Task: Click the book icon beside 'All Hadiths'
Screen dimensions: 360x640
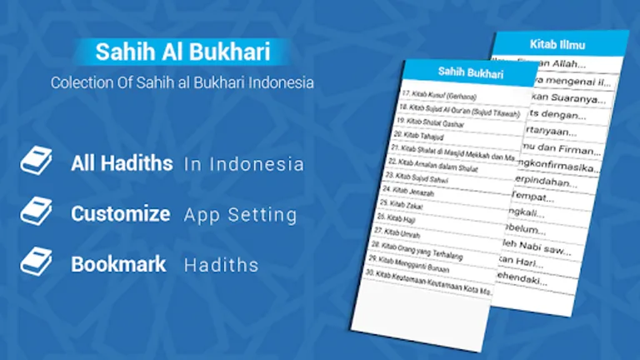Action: tap(37, 162)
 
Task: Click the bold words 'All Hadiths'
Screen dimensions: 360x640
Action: tap(122, 163)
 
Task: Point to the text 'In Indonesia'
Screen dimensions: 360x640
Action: tap(243, 164)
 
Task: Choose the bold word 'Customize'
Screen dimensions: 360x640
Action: tap(121, 214)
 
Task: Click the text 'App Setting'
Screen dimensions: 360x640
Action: tap(240, 215)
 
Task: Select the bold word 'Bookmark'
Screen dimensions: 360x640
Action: tap(118, 264)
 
